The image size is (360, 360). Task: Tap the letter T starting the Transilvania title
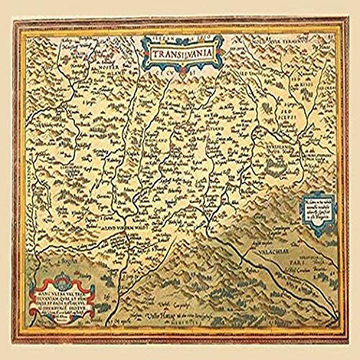click(x=153, y=53)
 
